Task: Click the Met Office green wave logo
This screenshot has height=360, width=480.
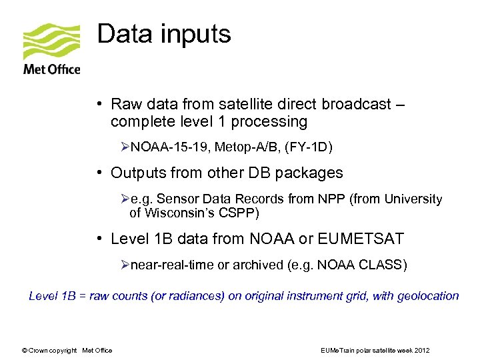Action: coord(51,41)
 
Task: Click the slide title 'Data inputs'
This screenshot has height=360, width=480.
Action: coord(164,33)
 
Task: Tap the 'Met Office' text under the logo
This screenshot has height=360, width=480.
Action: coord(51,69)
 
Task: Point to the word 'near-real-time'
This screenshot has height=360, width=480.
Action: coord(172,265)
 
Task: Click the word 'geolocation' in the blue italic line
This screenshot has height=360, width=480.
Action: coord(428,295)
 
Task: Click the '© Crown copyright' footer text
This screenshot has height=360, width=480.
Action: coord(49,350)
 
